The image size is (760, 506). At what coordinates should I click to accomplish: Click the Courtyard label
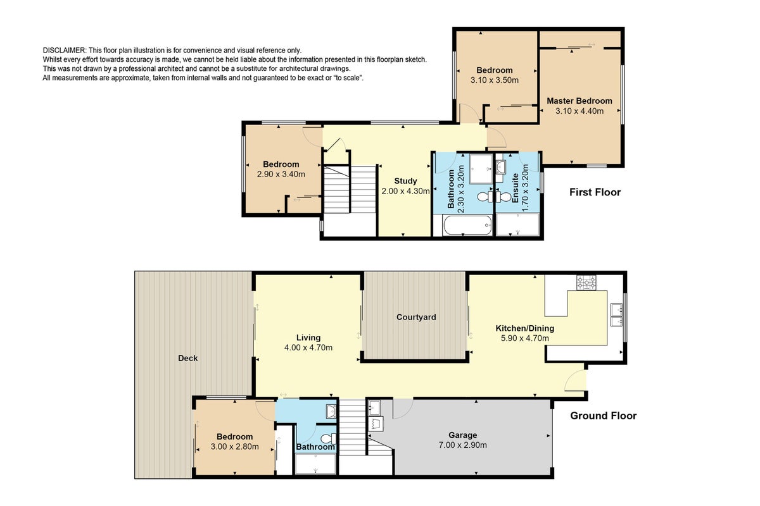coord(416,318)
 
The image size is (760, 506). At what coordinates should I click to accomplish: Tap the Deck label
coord(187,358)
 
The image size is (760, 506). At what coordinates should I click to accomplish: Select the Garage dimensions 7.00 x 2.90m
coord(462,445)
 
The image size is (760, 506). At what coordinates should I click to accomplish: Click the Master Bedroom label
coord(579,101)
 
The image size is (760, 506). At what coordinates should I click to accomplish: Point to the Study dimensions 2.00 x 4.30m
coord(405,191)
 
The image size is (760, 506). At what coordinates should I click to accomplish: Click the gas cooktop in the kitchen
coord(586,283)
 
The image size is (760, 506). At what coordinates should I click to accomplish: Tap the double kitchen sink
coord(616,315)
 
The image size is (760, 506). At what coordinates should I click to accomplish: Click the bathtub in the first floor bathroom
coord(467,225)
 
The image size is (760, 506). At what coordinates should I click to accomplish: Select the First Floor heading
coord(595,192)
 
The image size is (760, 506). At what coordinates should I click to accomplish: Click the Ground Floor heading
coord(603,416)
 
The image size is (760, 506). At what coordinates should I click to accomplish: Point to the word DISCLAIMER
coord(65,51)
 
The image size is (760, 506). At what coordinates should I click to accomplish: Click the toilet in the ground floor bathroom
coord(328,439)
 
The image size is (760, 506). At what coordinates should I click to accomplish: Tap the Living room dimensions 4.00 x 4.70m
coord(308,348)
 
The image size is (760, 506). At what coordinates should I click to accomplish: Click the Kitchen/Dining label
coord(525,328)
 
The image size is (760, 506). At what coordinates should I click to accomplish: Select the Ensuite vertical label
coord(515,188)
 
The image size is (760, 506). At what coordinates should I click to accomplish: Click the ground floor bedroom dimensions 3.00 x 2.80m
coord(234,447)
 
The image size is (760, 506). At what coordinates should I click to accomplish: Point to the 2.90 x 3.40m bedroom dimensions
coord(281,174)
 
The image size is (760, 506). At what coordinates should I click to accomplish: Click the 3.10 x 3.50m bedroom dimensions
coord(495,80)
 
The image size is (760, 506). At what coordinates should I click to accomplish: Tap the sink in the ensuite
coord(500,167)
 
